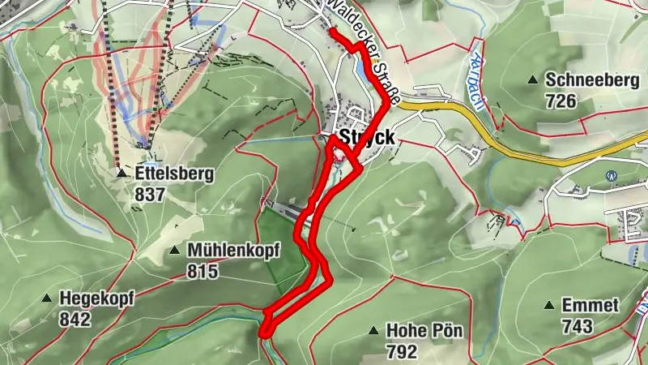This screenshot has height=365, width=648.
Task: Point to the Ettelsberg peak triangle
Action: (121, 173)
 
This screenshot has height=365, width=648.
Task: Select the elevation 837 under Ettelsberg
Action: (150, 195)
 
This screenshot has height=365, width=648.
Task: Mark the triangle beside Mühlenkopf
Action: (174, 251)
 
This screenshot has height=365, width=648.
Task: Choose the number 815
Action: (202, 272)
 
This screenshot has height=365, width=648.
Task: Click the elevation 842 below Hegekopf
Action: (75, 320)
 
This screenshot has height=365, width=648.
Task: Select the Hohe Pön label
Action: (418, 331)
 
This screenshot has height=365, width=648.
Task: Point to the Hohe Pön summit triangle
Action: (373, 331)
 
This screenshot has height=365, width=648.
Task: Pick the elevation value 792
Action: (402, 352)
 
